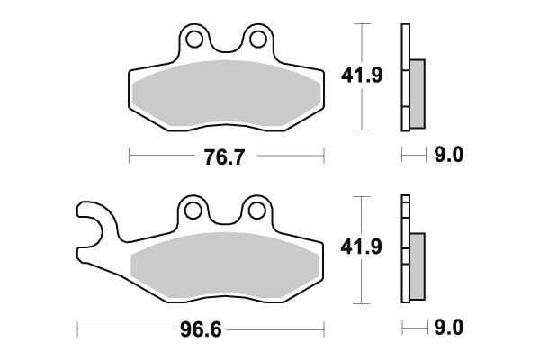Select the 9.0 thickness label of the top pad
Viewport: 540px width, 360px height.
pos(449,157)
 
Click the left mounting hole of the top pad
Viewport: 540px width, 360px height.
pos(193,39)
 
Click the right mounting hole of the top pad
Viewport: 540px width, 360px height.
pos(257,39)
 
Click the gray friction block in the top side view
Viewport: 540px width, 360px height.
pos(418,94)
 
